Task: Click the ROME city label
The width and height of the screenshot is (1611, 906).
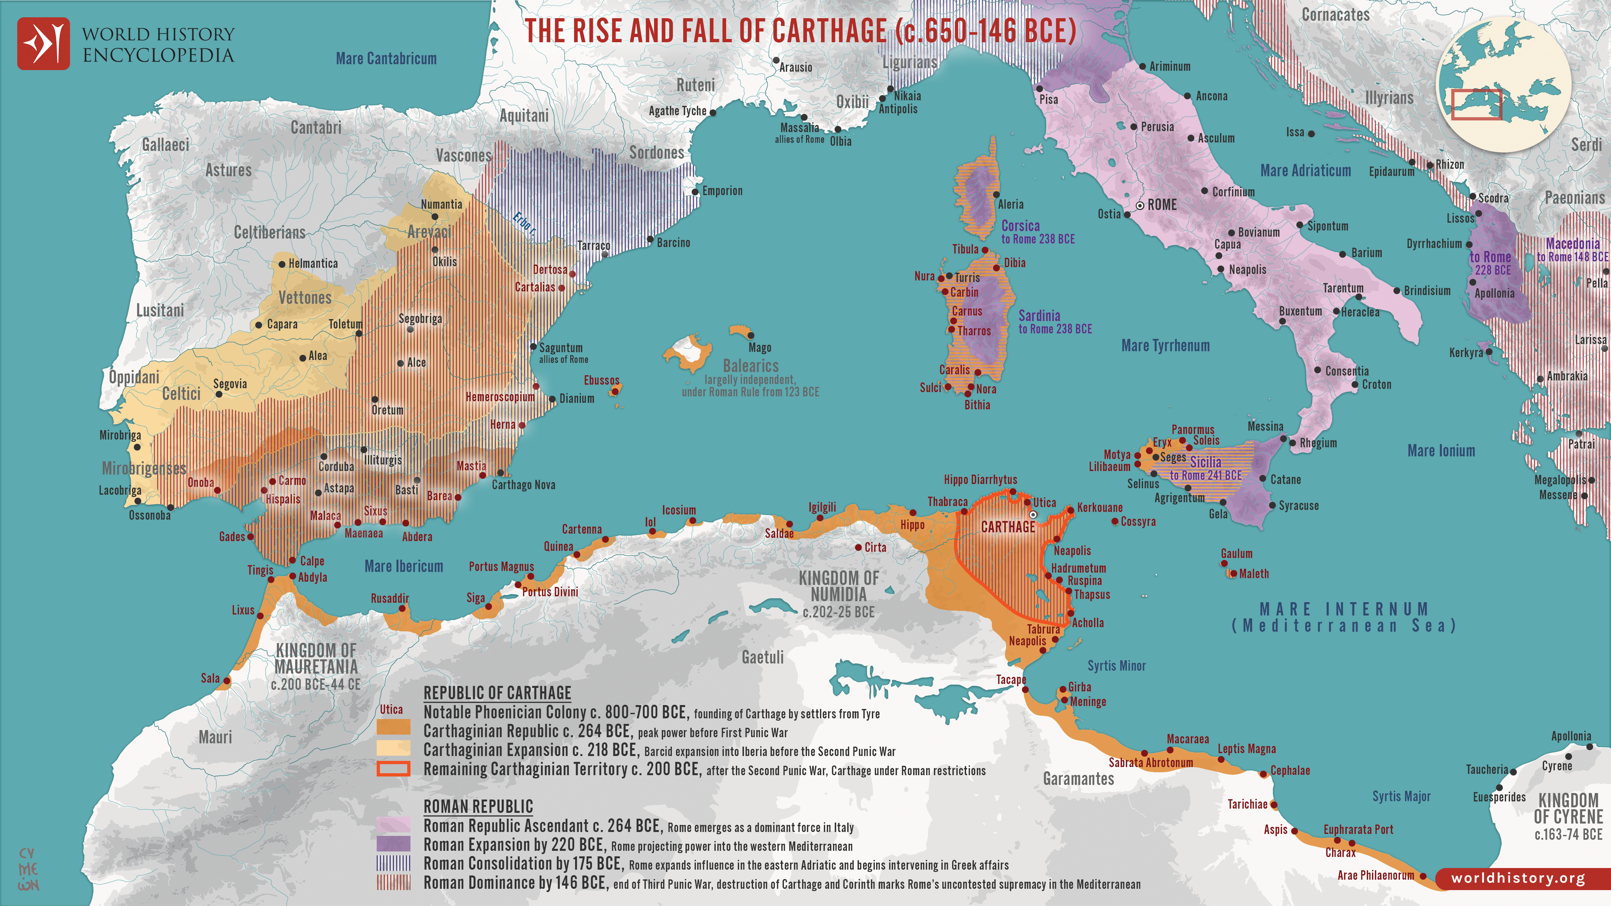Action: click(x=1162, y=205)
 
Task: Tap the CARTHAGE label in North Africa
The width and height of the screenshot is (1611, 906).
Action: click(x=1008, y=527)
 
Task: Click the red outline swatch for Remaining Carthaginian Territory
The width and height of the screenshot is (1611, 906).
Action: click(x=393, y=768)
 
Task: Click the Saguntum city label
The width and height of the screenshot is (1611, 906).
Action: click(x=560, y=348)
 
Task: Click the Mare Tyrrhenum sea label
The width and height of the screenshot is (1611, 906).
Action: click(x=1165, y=346)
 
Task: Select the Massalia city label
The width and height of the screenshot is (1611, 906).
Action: click(x=799, y=128)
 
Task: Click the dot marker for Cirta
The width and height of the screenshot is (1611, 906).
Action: click(x=859, y=547)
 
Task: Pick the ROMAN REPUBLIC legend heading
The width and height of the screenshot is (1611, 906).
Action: click(x=478, y=807)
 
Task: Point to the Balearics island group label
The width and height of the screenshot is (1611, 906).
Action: click(x=750, y=366)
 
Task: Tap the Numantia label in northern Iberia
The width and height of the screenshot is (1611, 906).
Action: click(x=442, y=205)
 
